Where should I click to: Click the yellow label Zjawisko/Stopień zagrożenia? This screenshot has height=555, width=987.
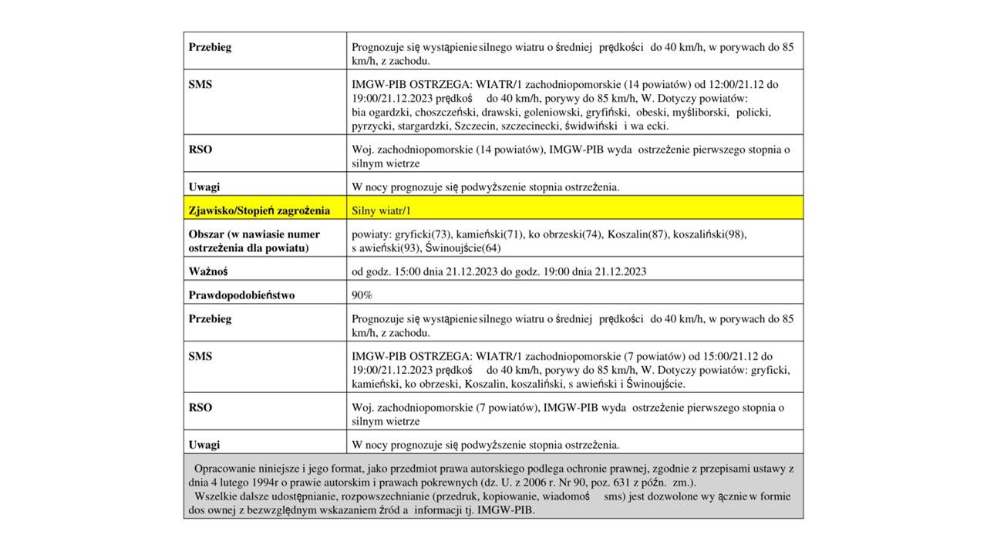pos(259,210)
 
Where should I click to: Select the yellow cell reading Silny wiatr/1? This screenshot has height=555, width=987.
pos(378,210)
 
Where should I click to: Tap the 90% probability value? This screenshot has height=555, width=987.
pos(362,295)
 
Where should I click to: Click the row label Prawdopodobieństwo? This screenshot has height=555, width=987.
pos(241,295)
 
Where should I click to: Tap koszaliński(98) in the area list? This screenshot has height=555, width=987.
pos(710,234)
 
